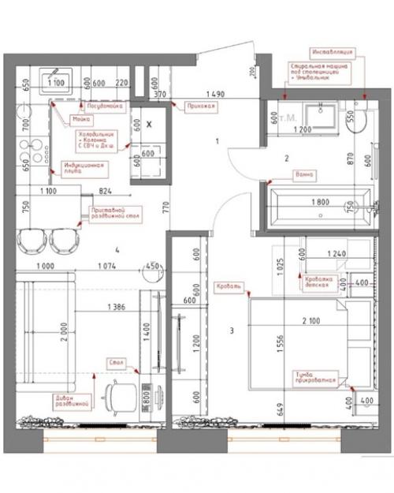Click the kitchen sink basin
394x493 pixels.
[x=56, y=81]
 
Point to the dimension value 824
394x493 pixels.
[x=106, y=191]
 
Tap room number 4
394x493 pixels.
[x=117, y=251]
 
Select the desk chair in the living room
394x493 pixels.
[x=121, y=392]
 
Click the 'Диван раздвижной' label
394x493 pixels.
[x=69, y=401]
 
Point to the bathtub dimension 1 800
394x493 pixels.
[x=319, y=202]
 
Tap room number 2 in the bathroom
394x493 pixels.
[x=288, y=158]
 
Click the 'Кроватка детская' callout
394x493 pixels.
[x=315, y=282]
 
